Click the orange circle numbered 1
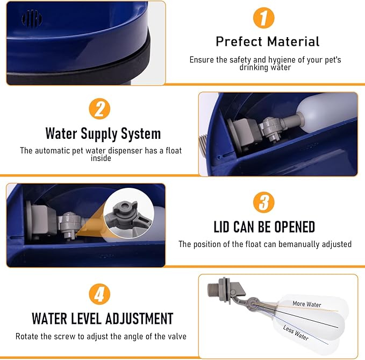264,18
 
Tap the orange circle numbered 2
99,109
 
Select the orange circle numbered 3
264,202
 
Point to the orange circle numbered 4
99,294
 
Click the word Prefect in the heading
239,42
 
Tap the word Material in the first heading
294,42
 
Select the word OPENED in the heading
295,227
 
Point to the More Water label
307,304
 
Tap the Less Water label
296,333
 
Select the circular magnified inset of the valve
128,213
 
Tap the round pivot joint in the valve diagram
252,303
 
